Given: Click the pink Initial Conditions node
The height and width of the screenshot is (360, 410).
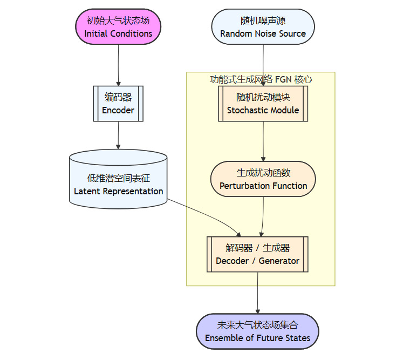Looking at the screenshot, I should pyautogui.click(x=118, y=27).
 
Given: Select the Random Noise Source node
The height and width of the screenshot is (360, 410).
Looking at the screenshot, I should pyautogui.click(x=263, y=27).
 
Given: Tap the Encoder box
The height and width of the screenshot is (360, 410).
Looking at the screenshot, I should pyautogui.click(x=118, y=104).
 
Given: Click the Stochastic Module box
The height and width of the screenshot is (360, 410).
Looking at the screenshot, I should pyautogui.click(x=263, y=104).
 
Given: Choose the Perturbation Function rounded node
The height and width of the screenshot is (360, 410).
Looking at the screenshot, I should pyautogui.click(x=263, y=179).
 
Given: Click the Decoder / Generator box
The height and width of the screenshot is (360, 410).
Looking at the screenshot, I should pyautogui.click(x=257, y=254).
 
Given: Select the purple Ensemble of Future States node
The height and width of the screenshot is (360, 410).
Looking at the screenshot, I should pyautogui.click(x=257, y=331).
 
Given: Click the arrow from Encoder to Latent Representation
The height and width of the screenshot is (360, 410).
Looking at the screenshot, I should pyautogui.click(x=118, y=135).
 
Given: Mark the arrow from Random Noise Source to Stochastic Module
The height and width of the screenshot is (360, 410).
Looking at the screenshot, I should pyautogui.click(x=263, y=62).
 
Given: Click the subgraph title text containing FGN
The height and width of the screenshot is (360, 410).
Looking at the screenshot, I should pyautogui.click(x=261, y=79).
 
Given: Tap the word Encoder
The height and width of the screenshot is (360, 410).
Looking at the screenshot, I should pyautogui.click(x=118, y=110).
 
